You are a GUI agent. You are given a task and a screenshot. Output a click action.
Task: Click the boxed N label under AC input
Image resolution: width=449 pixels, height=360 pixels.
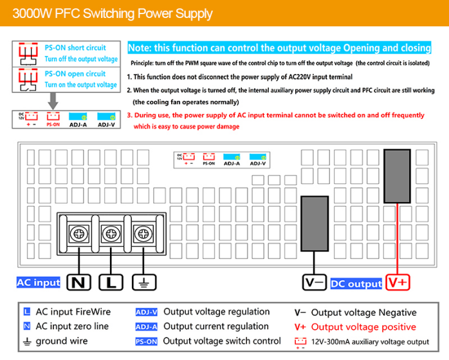pos(78,282)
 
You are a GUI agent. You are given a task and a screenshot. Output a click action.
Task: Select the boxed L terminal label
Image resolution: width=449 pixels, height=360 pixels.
pos(111,282)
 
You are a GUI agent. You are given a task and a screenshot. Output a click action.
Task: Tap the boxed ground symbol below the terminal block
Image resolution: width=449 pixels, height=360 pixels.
pos(144,282)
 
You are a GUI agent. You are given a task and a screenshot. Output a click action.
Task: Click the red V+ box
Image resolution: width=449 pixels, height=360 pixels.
pos(398,282)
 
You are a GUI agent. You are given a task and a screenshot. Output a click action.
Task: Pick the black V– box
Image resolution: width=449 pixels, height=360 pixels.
pos(315,282)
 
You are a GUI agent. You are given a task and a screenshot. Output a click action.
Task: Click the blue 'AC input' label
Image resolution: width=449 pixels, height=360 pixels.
pos(39,282)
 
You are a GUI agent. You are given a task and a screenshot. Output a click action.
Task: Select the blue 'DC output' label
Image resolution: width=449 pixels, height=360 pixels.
pos(356,283)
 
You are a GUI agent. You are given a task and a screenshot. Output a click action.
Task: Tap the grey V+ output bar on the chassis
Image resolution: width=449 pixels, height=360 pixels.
pos(397,176)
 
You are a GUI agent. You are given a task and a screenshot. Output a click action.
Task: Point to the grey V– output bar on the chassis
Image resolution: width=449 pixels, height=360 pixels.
pos(315,224)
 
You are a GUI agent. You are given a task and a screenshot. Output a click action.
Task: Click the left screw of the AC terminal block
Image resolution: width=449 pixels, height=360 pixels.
pos(79,234)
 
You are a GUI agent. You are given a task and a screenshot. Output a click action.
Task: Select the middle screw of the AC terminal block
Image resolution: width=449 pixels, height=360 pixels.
pos(111,234)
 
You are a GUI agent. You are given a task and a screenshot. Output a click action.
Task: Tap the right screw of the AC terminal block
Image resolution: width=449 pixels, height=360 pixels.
pos(143,234)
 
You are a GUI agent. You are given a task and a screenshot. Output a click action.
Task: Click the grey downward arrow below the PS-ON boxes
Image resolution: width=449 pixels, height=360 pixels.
pos(53,101)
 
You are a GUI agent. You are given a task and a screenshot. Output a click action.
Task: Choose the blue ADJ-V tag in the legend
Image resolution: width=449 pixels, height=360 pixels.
pos(146,312)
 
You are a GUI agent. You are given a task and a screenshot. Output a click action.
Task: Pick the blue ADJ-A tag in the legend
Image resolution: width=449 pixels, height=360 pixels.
pos(146,327)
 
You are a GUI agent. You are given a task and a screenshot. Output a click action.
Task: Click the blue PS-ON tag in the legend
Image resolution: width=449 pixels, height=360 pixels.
pos(146,341)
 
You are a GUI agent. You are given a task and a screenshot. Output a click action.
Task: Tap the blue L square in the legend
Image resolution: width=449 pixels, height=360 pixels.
pos(27,311)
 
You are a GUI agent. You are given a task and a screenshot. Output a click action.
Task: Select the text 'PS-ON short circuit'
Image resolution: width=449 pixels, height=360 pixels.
pos(75,48)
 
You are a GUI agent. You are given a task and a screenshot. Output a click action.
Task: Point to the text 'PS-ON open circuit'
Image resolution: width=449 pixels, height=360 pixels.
pos(75,74)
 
